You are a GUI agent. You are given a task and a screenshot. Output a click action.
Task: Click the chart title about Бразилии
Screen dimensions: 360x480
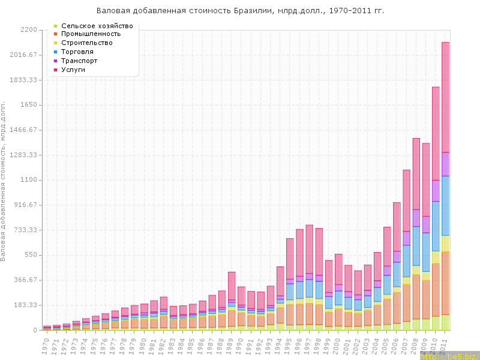coord(240,11)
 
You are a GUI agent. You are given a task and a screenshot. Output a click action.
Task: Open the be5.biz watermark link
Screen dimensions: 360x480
coord(450,356)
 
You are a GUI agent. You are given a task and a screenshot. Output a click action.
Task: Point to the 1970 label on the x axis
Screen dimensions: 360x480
coord(46,346)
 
